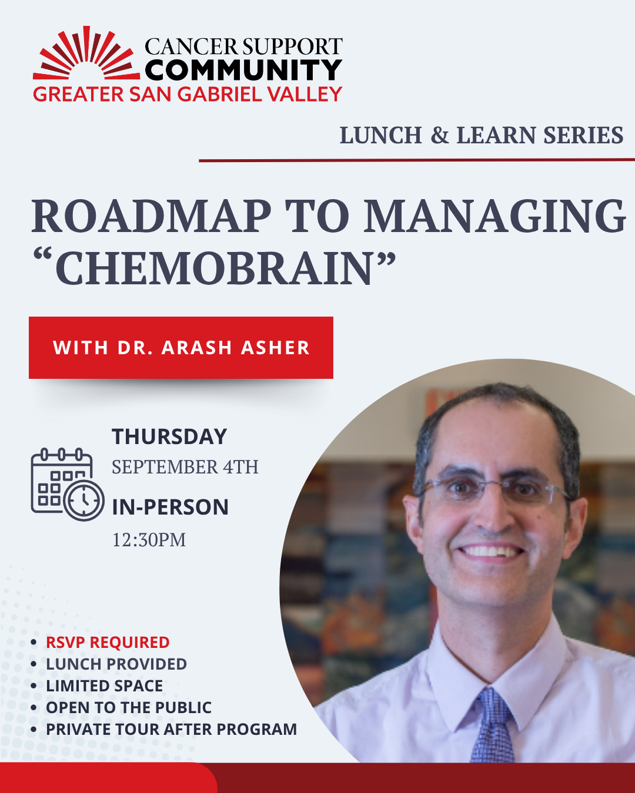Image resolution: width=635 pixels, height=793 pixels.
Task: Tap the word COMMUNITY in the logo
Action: pyautogui.click(x=243, y=70)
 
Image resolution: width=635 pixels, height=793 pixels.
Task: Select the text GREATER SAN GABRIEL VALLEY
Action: pyautogui.click(x=188, y=95)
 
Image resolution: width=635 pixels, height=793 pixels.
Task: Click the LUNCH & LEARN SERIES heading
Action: pyautogui.click(x=481, y=136)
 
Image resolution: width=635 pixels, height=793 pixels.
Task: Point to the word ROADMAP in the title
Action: pyautogui.click(x=151, y=217)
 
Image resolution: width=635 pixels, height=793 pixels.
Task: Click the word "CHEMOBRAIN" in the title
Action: pyautogui.click(x=215, y=269)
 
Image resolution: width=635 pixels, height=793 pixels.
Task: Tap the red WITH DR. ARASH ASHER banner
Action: pyautogui.click(x=181, y=348)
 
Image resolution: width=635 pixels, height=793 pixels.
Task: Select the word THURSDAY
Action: pyautogui.click(x=169, y=437)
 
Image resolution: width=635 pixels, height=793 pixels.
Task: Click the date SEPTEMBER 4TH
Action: pyautogui.click(x=185, y=467)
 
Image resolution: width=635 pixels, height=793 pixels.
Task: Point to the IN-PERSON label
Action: pyautogui.click(x=170, y=508)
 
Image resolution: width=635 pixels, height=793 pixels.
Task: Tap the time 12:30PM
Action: pyautogui.click(x=149, y=540)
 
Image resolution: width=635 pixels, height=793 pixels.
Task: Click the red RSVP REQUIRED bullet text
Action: pyautogui.click(x=108, y=643)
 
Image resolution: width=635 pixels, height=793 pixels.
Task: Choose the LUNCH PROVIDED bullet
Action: pyautogui.click(x=116, y=664)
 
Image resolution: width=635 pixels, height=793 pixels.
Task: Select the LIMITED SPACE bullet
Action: pyautogui.click(x=105, y=686)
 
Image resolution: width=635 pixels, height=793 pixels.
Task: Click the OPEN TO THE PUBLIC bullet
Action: pyautogui.click(x=129, y=708)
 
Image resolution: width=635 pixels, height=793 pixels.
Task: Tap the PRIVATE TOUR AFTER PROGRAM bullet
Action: pyautogui.click(x=172, y=730)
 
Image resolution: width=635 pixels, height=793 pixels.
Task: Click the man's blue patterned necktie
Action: pyautogui.click(x=493, y=726)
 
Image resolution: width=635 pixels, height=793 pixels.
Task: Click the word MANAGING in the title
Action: pyautogui.click(x=494, y=217)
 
